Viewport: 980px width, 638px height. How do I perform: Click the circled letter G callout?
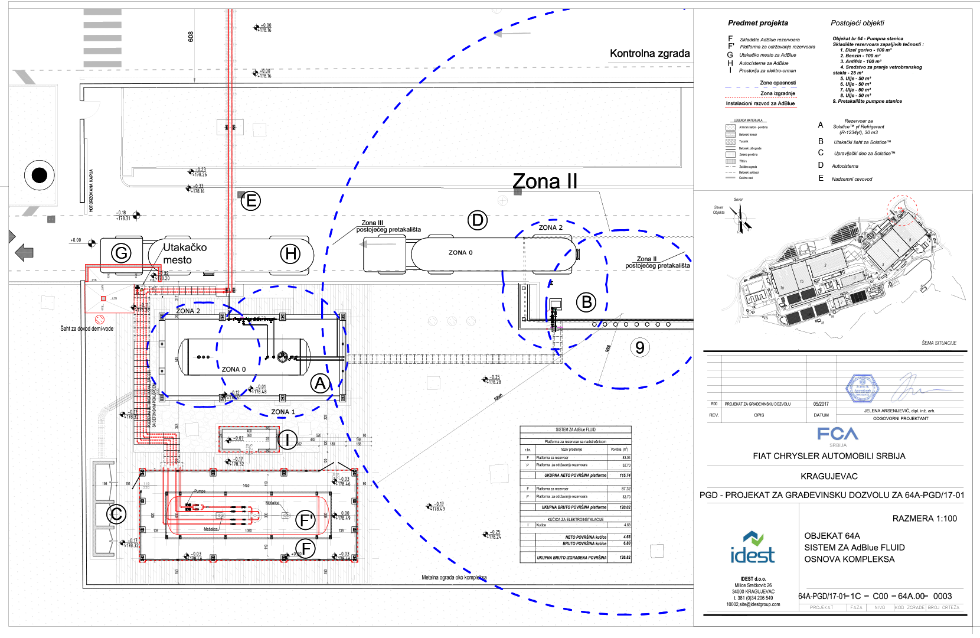pyautogui.click(x=121, y=253)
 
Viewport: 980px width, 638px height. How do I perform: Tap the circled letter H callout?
pyautogui.click(x=290, y=254)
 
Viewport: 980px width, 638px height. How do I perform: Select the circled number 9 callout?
pyautogui.click(x=640, y=347)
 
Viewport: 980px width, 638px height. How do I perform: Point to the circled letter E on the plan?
pyautogui.click(x=251, y=201)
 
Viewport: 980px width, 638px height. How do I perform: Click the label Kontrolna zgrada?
pyautogui.click(x=649, y=54)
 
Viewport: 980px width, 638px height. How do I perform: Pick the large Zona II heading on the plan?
pyautogui.click(x=545, y=181)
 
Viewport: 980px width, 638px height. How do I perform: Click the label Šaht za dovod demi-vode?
pyautogui.click(x=87, y=328)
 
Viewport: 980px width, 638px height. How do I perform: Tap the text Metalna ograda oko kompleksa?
pyautogui.click(x=454, y=577)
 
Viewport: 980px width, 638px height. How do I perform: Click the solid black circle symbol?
pyautogui.click(x=39, y=175)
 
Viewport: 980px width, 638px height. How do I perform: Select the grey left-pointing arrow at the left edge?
pyautogui.click(x=24, y=253)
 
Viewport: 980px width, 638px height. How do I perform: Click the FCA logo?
pyautogui.click(x=838, y=434)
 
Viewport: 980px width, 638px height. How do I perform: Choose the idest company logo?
pyautogui.click(x=752, y=548)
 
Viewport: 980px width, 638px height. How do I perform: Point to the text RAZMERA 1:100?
pyautogui.click(x=925, y=519)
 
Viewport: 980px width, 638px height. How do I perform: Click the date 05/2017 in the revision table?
pyautogui.click(x=821, y=404)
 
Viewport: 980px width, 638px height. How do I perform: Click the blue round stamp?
pyautogui.click(x=863, y=388)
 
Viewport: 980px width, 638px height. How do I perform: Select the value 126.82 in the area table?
pyautogui.click(x=625, y=557)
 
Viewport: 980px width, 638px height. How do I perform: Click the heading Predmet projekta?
pyautogui.click(x=757, y=23)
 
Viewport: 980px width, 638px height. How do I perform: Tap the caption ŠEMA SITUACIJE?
pyautogui.click(x=939, y=343)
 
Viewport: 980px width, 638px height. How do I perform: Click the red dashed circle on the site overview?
pyautogui.click(x=903, y=210)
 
